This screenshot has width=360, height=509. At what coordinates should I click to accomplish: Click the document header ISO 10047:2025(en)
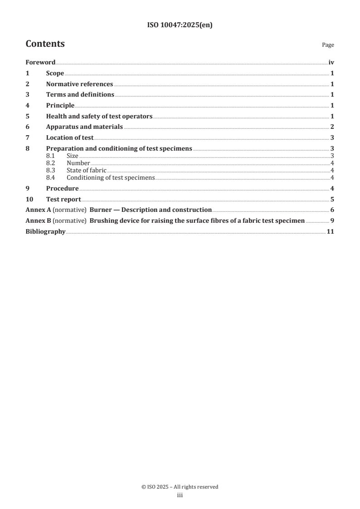180,25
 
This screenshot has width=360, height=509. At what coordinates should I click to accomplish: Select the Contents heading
45,44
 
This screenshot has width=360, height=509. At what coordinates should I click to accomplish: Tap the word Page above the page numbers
328,45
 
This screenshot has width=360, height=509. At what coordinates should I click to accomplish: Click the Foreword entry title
40,63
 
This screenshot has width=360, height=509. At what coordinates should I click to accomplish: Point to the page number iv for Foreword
331,63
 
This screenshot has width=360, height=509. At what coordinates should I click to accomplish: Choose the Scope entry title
55,73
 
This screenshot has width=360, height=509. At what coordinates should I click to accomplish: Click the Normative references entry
79,84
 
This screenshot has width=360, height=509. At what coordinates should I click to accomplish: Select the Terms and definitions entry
80,95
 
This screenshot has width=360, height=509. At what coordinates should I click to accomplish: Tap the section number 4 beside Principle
27,106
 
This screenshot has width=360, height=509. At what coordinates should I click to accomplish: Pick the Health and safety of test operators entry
99,116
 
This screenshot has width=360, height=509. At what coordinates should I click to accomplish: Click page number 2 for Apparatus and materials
332,127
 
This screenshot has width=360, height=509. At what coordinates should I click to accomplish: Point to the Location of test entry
69,138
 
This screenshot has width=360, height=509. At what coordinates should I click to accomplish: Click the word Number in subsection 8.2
78,163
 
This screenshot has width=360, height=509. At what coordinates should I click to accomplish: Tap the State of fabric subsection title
86,170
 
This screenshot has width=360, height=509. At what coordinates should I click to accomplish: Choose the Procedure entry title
62,188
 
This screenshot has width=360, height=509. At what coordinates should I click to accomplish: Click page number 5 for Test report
332,199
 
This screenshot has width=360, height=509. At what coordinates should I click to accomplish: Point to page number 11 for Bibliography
330,232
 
